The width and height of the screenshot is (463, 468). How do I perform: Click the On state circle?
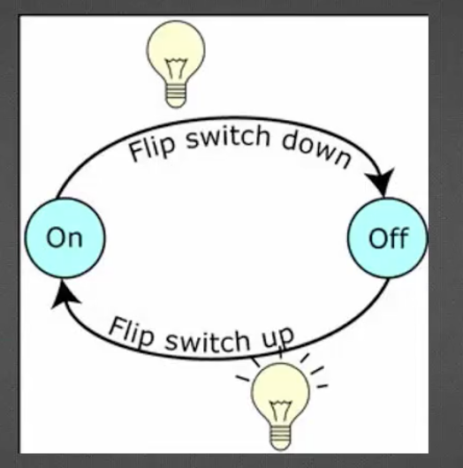tap(65, 238)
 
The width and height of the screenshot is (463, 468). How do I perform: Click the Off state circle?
tap(388, 238)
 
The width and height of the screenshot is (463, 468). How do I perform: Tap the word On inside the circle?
tap(65, 238)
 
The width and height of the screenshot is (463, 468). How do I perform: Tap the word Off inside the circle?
tap(389, 238)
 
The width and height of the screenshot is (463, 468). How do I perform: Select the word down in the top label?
tap(316, 148)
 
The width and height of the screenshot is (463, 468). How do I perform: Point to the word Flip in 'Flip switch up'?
tap(132, 332)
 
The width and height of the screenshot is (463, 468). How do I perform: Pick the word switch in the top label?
tap(228, 136)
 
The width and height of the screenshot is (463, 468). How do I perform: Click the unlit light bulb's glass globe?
tap(176, 52)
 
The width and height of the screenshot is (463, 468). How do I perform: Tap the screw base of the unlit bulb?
tap(176, 96)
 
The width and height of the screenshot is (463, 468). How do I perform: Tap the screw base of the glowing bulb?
tap(280, 438)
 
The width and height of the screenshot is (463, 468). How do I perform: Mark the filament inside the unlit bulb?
tap(176, 68)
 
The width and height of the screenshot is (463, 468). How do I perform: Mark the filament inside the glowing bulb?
tap(280, 411)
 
